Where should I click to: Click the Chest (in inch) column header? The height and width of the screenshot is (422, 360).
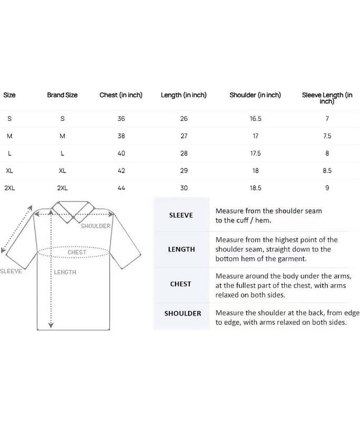[x=121, y=95]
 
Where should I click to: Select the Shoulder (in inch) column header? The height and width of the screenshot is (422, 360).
[x=255, y=95]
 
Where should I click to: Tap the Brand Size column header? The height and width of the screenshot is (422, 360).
[x=62, y=95]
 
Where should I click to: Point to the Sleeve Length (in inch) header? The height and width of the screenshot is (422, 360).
[x=327, y=98]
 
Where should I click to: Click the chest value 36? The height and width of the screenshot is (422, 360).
[x=121, y=119]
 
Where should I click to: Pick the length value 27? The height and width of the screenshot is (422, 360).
[x=184, y=136]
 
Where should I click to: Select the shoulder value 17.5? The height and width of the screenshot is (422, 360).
[x=255, y=154]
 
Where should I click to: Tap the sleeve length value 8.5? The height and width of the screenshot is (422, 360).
[x=327, y=171]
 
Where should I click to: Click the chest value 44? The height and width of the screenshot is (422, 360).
[x=121, y=188]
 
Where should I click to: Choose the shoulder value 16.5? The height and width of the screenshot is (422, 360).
[x=255, y=119]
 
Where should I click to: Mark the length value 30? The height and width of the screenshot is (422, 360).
[x=184, y=188]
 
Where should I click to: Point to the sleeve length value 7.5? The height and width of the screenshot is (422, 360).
[x=327, y=136]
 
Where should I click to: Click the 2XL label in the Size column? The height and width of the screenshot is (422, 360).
[x=9, y=188]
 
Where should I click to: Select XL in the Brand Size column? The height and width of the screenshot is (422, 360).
[x=62, y=171]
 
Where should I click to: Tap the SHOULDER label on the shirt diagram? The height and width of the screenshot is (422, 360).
[x=95, y=226]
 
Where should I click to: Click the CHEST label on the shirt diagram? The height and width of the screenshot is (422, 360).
[x=77, y=253]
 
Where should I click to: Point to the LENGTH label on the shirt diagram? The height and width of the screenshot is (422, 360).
[x=65, y=272]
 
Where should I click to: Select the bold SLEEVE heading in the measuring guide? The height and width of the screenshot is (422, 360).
[x=181, y=215]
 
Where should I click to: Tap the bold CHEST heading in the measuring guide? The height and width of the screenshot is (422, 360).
[x=181, y=284]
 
